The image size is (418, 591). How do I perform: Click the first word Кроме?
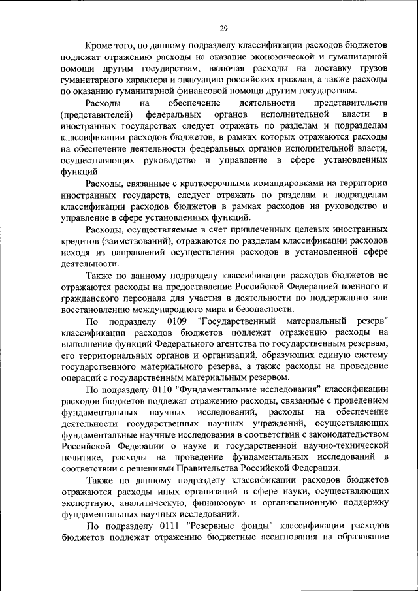[101, 46]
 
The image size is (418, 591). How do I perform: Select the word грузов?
[371, 69]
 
